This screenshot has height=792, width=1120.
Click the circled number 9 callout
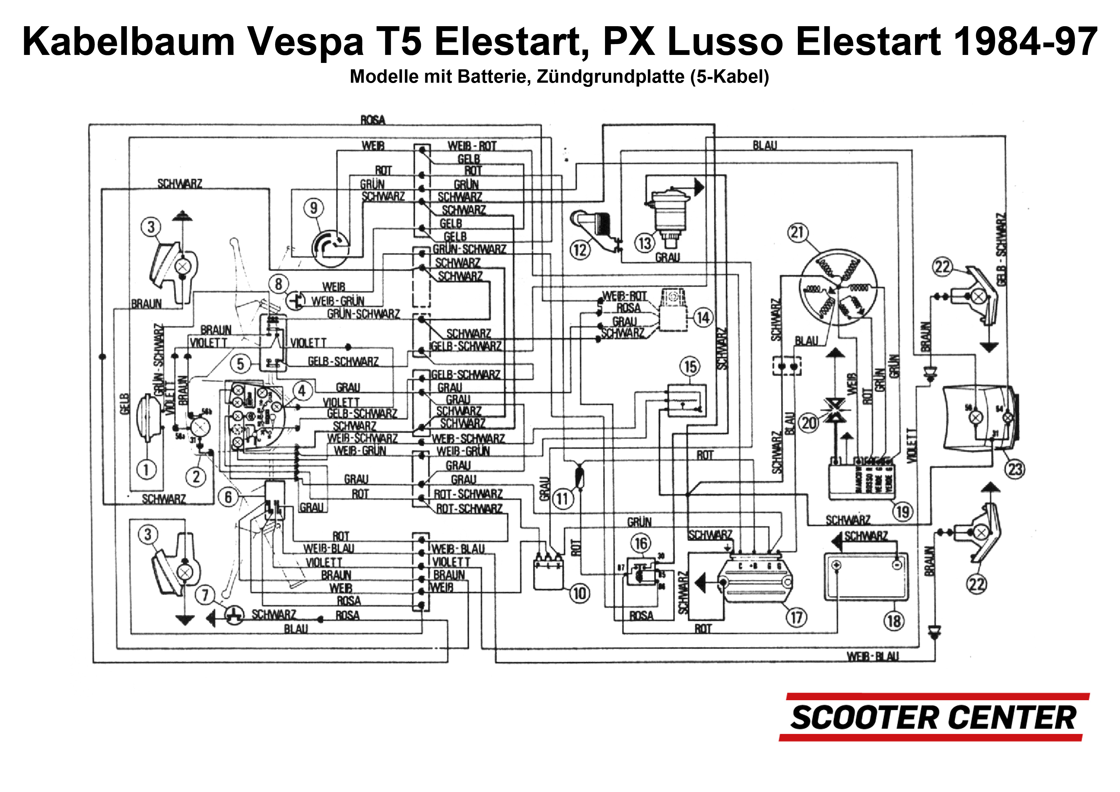(x=314, y=208)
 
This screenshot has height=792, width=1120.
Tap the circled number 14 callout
(x=702, y=318)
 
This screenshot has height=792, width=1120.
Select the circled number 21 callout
(x=797, y=232)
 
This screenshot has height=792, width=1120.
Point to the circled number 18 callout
(x=894, y=621)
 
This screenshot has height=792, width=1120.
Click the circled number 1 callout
(x=146, y=469)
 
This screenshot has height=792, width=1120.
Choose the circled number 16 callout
(x=641, y=543)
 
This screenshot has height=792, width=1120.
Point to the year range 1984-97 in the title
(x=1025, y=42)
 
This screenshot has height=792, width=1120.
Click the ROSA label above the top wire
(x=373, y=119)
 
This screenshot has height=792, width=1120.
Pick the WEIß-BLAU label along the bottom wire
(x=872, y=656)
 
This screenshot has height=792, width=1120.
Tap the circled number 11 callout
(x=563, y=499)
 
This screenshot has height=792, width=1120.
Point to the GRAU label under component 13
(x=667, y=257)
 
